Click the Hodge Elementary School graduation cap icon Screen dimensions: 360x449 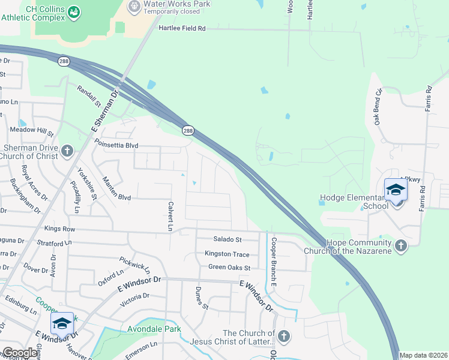pos(396,190)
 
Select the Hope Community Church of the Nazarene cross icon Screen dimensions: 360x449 pos(400,245)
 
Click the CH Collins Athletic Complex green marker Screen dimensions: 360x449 pos(74,11)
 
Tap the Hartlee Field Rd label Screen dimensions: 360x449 pos(182,28)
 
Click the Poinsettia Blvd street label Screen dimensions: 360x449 pos(116,145)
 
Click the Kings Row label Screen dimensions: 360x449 pos(60,229)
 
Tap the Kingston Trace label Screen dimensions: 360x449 pos(227,254)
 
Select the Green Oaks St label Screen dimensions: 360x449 pos(229,267)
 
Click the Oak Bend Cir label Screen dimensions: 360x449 pos(379,107)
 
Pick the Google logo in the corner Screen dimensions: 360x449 pos(20,353)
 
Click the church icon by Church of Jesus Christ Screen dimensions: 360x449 pos(283,337)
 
